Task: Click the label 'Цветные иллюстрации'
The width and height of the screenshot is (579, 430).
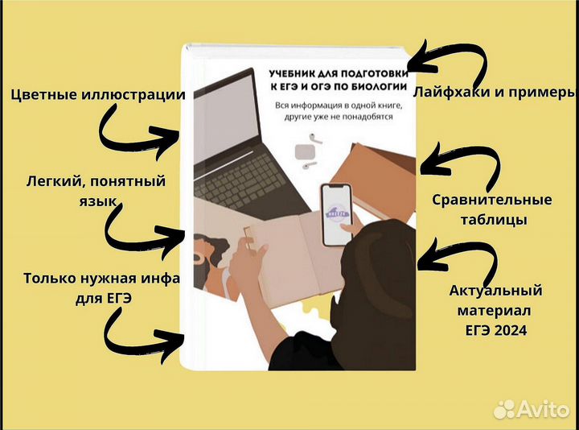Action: [98, 95]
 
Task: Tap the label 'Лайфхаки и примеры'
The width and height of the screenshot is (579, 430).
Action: [494, 91]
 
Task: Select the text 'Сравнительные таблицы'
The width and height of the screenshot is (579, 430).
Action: [492, 209]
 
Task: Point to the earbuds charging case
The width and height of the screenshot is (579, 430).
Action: [303, 151]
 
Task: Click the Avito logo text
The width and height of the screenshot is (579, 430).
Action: [542, 408]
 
